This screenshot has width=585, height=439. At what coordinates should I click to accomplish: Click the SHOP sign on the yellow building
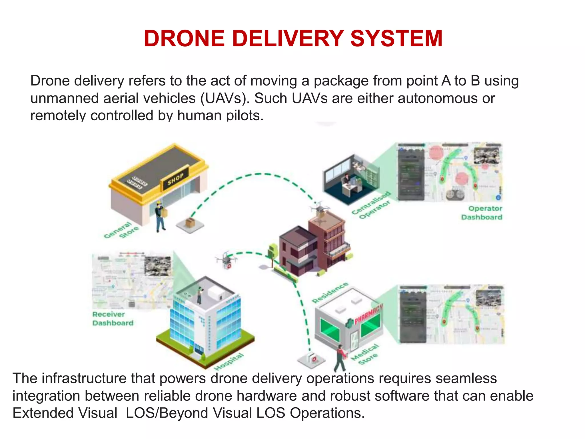click(x=175, y=179)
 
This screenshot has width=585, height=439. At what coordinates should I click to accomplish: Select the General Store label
click(x=121, y=230)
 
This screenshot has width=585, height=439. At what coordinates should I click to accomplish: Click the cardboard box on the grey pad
click(x=190, y=222)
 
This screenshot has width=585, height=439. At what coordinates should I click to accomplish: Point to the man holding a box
click(x=160, y=216)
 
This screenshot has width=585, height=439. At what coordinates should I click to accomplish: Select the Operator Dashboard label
click(x=482, y=213)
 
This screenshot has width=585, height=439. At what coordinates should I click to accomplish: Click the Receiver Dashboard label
click(x=113, y=319)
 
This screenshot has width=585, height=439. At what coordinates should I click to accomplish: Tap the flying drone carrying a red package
click(x=226, y=260)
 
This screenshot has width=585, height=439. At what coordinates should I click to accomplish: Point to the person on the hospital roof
click(x=199, y=296)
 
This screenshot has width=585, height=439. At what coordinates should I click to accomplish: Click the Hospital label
click(x=229, y=362)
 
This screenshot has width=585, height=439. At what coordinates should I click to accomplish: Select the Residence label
click(x=330, y=292)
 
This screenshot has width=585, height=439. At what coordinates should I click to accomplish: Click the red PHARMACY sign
click(x=368, y=314)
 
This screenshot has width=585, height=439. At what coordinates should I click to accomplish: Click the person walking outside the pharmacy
click(x=340, y=358)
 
